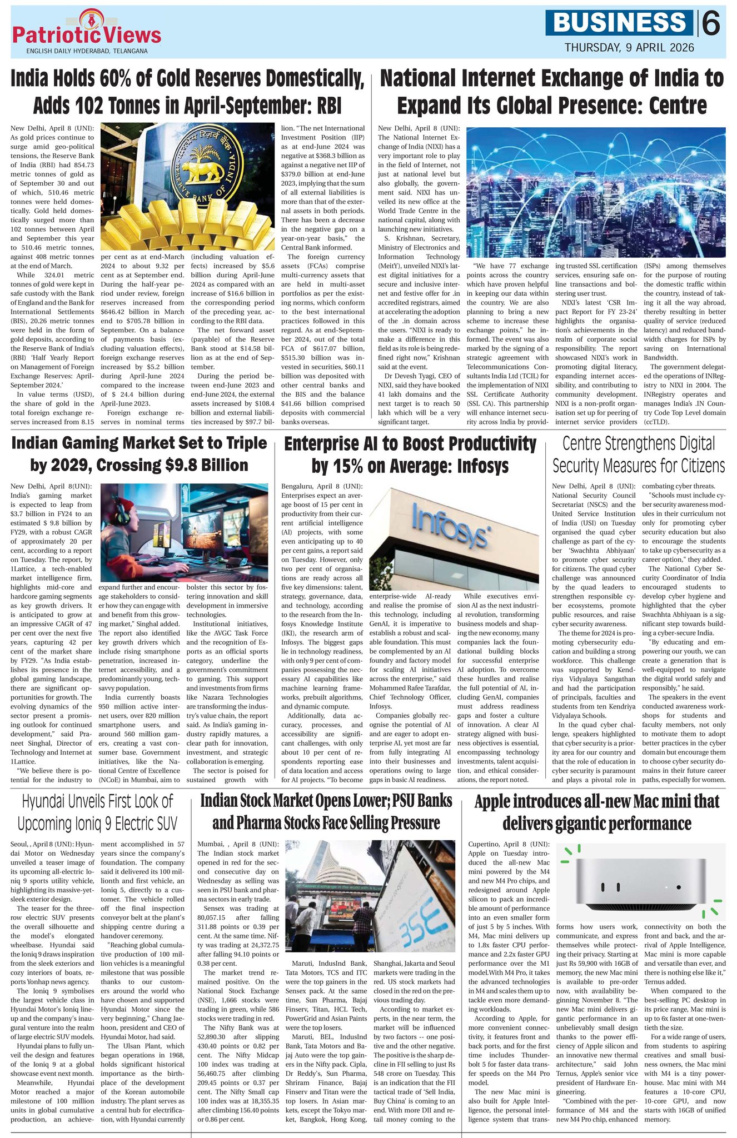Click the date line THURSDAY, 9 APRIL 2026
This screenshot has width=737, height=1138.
[629, 48]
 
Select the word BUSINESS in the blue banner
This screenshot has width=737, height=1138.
[619, 23]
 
